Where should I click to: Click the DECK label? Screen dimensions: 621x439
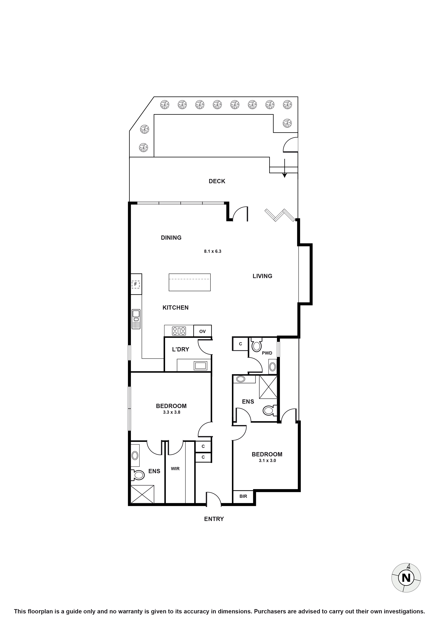pos(217,181)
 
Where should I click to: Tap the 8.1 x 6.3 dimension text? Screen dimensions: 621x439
pos(212,251)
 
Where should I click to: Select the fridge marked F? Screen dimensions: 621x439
pos(136,284)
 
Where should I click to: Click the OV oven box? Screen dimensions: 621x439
pos(202,331)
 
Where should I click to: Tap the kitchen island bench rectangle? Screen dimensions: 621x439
pos(189,282)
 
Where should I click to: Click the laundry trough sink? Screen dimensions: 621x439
pos(200,366)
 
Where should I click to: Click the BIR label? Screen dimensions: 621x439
pos(243,496)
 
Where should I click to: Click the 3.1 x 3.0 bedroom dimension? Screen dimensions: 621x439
pos(267,461)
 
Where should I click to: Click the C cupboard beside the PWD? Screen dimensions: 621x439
pos(240,344)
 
